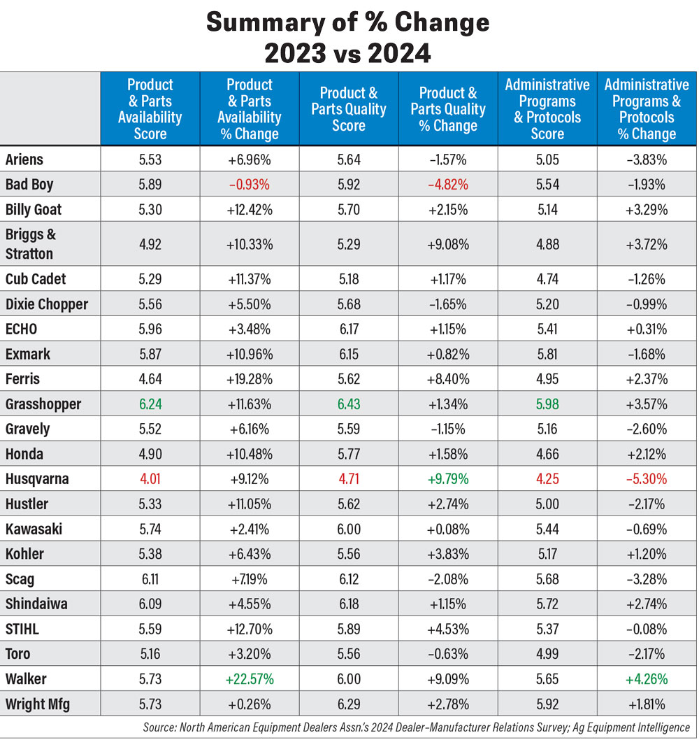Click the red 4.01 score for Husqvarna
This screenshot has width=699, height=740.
coord(150,478)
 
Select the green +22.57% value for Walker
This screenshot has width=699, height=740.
coord(249,678)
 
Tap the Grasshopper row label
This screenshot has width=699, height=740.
coord(43,404)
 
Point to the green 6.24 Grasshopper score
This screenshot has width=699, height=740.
coord(150,404)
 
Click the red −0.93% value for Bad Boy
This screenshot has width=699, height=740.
coord(249,184)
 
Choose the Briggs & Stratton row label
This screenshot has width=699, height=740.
coord(31,243)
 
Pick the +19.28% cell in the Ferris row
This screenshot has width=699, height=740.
coord(249,379)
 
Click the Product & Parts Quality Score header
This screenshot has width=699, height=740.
coord(349,109)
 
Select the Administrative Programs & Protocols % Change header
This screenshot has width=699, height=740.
coord(647,109)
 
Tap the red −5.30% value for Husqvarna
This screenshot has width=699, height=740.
coord(647,478)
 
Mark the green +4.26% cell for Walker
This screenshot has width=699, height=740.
coord(647,678)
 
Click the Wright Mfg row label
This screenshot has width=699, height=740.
coord(38,704)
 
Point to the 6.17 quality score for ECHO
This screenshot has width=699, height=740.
coord(349,329)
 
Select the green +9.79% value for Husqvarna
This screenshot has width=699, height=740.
coord(448,478)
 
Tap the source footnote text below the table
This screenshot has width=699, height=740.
coord(416,727)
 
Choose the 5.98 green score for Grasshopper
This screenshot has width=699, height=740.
coord(547,404)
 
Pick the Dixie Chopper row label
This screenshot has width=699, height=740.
coord(47,304)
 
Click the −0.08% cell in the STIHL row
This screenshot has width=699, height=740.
coord(647,629)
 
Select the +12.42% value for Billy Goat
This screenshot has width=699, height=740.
coord(249,209)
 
